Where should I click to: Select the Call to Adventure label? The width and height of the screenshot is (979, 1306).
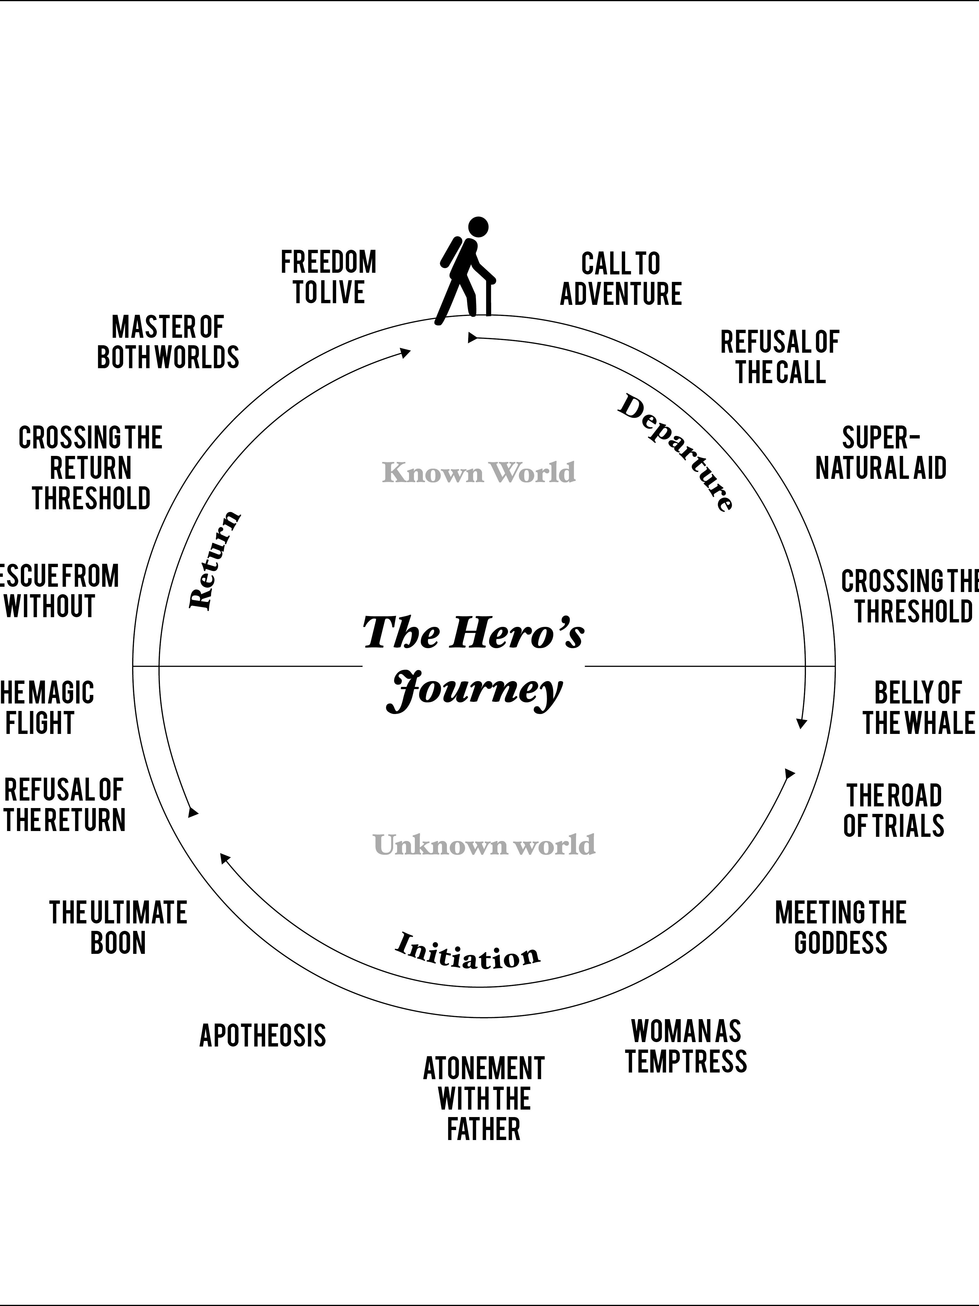[x=621, y=279]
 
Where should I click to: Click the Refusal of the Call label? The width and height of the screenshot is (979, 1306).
[x=780, y=357]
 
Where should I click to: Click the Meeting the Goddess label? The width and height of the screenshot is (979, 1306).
[x=840, y=927]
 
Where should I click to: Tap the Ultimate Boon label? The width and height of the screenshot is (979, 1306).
[x=118, y=927]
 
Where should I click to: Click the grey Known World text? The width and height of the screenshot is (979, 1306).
[x=479, y=472]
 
